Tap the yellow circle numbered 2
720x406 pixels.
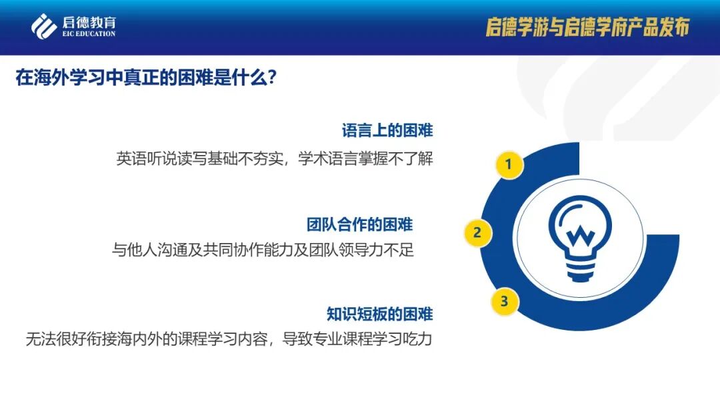tap(477, 232)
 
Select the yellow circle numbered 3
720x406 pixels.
tap(505, 301)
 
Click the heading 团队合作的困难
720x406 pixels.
tap(359, 224)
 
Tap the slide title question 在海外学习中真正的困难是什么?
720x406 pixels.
tap(146, 77)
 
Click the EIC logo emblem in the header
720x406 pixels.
tap(44, 26)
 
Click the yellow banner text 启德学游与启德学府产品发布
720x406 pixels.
tap(587, 27)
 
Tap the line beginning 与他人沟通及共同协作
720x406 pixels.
tap(263, 250)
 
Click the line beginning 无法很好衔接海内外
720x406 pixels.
tap(229, 339)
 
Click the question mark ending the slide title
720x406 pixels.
tap(271, 78)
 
